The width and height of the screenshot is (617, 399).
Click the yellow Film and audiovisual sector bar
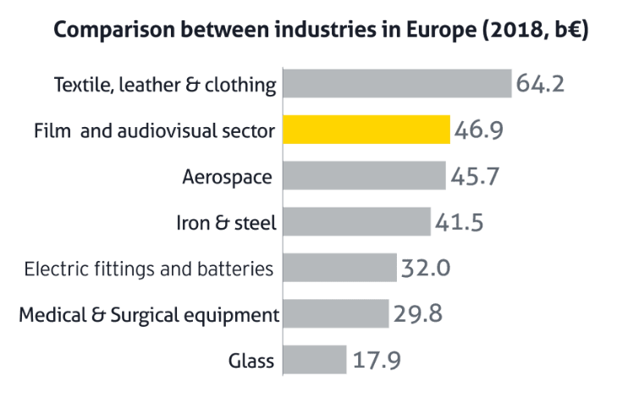click(x=366, y=130)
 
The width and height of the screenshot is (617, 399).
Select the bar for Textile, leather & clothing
click(x=398, y=84)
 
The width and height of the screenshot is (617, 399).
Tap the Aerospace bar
click(x=365, y=175)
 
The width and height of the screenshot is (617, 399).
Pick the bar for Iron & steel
click(x=357, y=221)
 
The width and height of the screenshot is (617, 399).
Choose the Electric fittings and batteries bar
click(x=340, y=268)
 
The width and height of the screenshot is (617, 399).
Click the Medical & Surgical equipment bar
click(x=336, y=313)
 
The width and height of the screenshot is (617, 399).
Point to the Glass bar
click(x=315, y=360)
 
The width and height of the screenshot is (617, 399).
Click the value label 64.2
click(x=540, y=84)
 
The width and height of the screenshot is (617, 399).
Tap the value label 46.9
click(x=478, y=130)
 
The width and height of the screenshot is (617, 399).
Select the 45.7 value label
click(x=475, y=175)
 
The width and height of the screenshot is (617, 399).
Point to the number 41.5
click(x=459, y=222)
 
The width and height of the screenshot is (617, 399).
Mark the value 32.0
click(x=426, y=268)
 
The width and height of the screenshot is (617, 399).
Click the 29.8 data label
click(x=417, y=314)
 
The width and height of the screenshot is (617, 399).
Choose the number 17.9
click(x=377, y=360)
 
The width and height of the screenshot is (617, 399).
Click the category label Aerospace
click(x=227, y=177)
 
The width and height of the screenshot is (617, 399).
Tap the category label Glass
click(x=251, y=360)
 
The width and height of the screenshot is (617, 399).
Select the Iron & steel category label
click(x=226, y=223)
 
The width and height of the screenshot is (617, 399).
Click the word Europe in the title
click(x=441, y=30)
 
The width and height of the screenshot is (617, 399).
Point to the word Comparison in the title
click(x=114, y=30)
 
